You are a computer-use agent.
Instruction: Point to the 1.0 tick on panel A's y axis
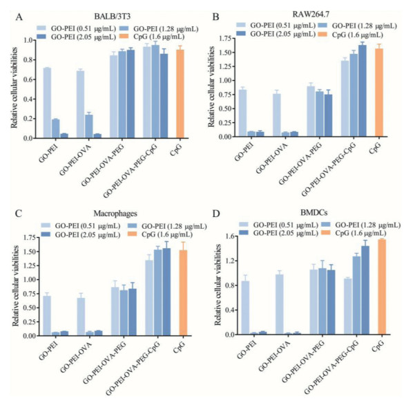[x=29, y=40]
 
